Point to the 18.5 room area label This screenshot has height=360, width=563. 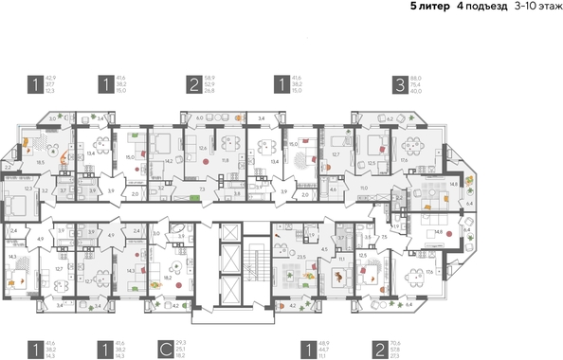[40, 163]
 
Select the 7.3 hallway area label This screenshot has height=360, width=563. [203, 189]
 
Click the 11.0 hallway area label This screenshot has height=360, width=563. [363, 189]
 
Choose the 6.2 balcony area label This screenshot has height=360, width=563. [390, 118]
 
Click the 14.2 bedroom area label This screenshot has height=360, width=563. [169, 161]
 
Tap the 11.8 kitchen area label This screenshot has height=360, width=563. [225, 161]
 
